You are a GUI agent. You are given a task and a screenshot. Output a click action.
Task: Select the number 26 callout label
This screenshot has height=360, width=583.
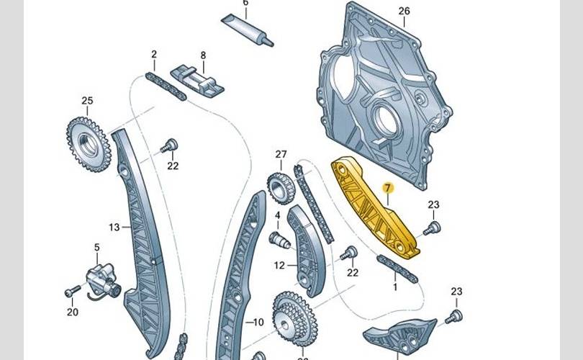click(403, 10)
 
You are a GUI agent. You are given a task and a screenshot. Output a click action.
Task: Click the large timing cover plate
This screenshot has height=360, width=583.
click(381, 101)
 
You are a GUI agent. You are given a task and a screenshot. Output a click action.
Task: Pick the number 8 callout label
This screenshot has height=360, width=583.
click(203, 55)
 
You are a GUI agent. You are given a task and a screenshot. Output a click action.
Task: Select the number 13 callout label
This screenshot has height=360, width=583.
click(114, 228)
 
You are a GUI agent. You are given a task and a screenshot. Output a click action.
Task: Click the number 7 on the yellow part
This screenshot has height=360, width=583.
click(387, 189)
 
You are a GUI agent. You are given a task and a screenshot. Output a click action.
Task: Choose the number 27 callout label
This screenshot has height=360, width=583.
click(281, 154)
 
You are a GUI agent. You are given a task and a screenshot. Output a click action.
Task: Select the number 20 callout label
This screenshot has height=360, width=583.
click(72, 312)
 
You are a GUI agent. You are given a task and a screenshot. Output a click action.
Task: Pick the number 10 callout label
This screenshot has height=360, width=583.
click(259, 322)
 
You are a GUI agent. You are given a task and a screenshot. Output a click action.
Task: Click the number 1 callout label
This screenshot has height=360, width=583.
click(394, 287)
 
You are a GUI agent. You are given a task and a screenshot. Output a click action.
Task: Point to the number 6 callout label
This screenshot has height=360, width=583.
click(245, 3)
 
